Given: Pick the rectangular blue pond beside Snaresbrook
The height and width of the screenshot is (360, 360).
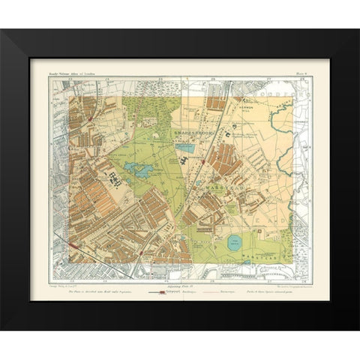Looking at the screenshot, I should click(187, 148).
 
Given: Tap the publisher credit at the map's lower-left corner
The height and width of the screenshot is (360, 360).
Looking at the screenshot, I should click(67, 277).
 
